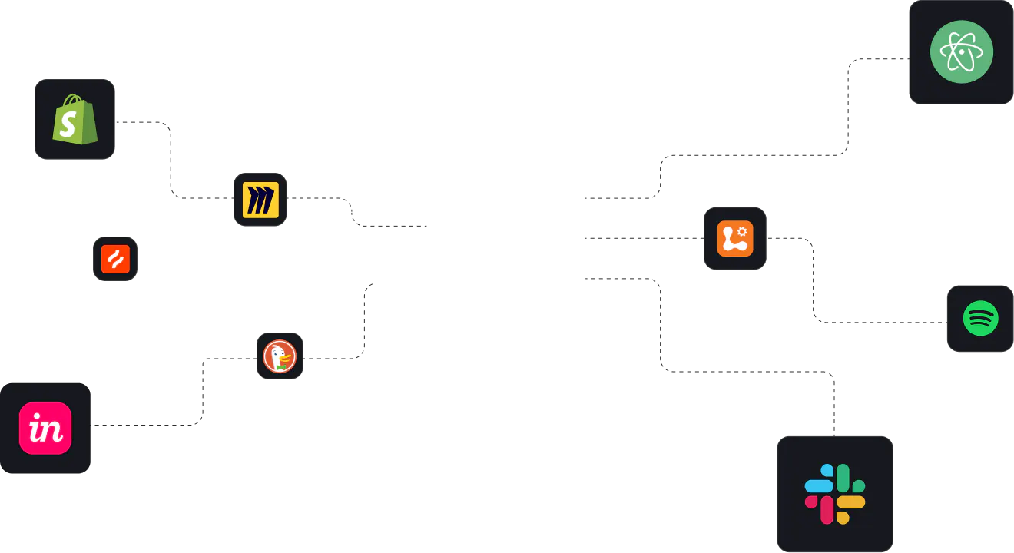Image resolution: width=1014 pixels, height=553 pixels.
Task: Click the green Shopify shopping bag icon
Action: [75, 119]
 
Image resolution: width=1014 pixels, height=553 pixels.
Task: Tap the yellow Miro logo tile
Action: [260, 200]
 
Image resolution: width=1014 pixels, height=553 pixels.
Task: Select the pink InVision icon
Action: [45, 428]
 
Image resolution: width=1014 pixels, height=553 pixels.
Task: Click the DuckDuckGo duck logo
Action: [280, 356]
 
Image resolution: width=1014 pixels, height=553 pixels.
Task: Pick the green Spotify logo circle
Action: [980, 319]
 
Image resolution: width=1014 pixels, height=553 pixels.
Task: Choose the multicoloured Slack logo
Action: [835, 494]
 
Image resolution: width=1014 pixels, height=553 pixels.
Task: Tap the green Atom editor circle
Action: [962, 52]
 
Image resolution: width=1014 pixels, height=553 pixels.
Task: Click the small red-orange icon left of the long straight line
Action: [115, 259]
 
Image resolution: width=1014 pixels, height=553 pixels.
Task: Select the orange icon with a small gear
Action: [735, 239]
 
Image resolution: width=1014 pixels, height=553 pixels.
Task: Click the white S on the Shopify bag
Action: [68, 124]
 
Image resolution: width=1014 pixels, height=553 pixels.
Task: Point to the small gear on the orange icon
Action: [742, 232]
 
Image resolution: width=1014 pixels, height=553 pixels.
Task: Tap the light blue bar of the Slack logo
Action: [819, 486]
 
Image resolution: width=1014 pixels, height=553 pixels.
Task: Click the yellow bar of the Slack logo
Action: [851, 502]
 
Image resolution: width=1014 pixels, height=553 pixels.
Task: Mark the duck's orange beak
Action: [285, 359]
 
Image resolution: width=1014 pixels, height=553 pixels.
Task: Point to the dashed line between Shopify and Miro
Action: [171, 160]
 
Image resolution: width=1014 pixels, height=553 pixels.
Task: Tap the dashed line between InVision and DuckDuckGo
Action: [203, 392]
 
